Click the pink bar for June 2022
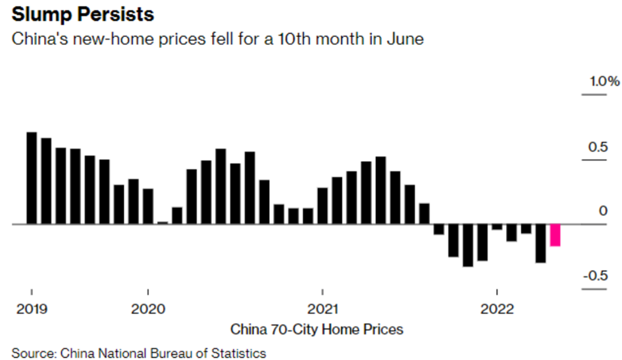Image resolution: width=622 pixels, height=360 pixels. pos(555,235)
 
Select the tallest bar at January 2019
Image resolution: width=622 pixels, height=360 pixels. pos(31,178)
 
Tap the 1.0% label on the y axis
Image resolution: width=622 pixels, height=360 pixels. pos(604,82)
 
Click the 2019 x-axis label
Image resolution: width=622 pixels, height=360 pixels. pos(30,309)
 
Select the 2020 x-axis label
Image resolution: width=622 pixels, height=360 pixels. pos(149,309)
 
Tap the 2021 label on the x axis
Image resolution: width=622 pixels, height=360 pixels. pos(323,309)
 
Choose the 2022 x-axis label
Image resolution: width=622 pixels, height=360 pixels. pos(497,309)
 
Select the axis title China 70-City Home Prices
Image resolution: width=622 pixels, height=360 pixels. pos(317,328)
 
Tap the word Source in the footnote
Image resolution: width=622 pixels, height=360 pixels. pos(32,353)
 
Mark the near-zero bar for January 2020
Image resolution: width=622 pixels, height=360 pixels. pos(163,222)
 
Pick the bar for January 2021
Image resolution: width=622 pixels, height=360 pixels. pos(323,206)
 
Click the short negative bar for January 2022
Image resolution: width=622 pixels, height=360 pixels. pos(497,227)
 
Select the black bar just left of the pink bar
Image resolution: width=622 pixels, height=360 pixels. pos(540,244)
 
